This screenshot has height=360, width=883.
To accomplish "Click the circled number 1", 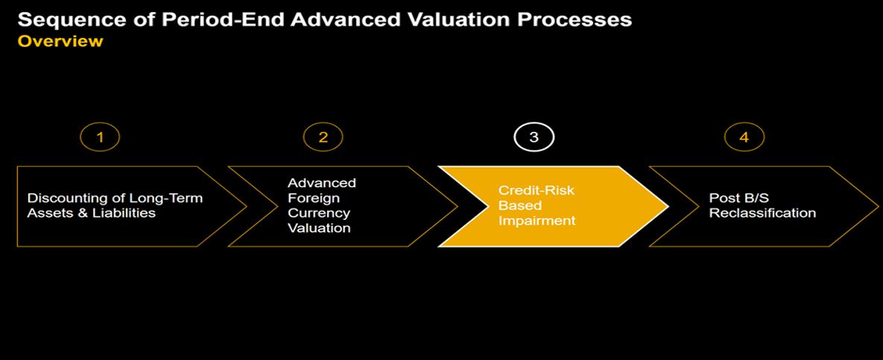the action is click(x=101, y=137).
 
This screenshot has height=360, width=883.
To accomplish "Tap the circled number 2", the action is click(x=323, y=137).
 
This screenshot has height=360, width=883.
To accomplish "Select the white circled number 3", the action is click(x=534, y=137).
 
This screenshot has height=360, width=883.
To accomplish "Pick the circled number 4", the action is click(x=744, y=137).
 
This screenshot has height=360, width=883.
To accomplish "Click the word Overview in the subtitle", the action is click(x=60, y=41).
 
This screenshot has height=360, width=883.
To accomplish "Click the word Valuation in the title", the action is click(x=458, y=19).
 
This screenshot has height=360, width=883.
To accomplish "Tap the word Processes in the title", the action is click(x=573, y=19).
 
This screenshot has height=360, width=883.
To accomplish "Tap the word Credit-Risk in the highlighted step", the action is click(x=537, y=190).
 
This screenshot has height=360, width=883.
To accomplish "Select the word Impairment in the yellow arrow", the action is click(x=537, y=221).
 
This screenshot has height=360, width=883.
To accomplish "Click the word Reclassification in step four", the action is click(x=762, y=213).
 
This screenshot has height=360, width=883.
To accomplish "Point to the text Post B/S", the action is click(x=734, y=198).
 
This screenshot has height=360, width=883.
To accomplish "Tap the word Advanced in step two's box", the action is click(x=322, y=183).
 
